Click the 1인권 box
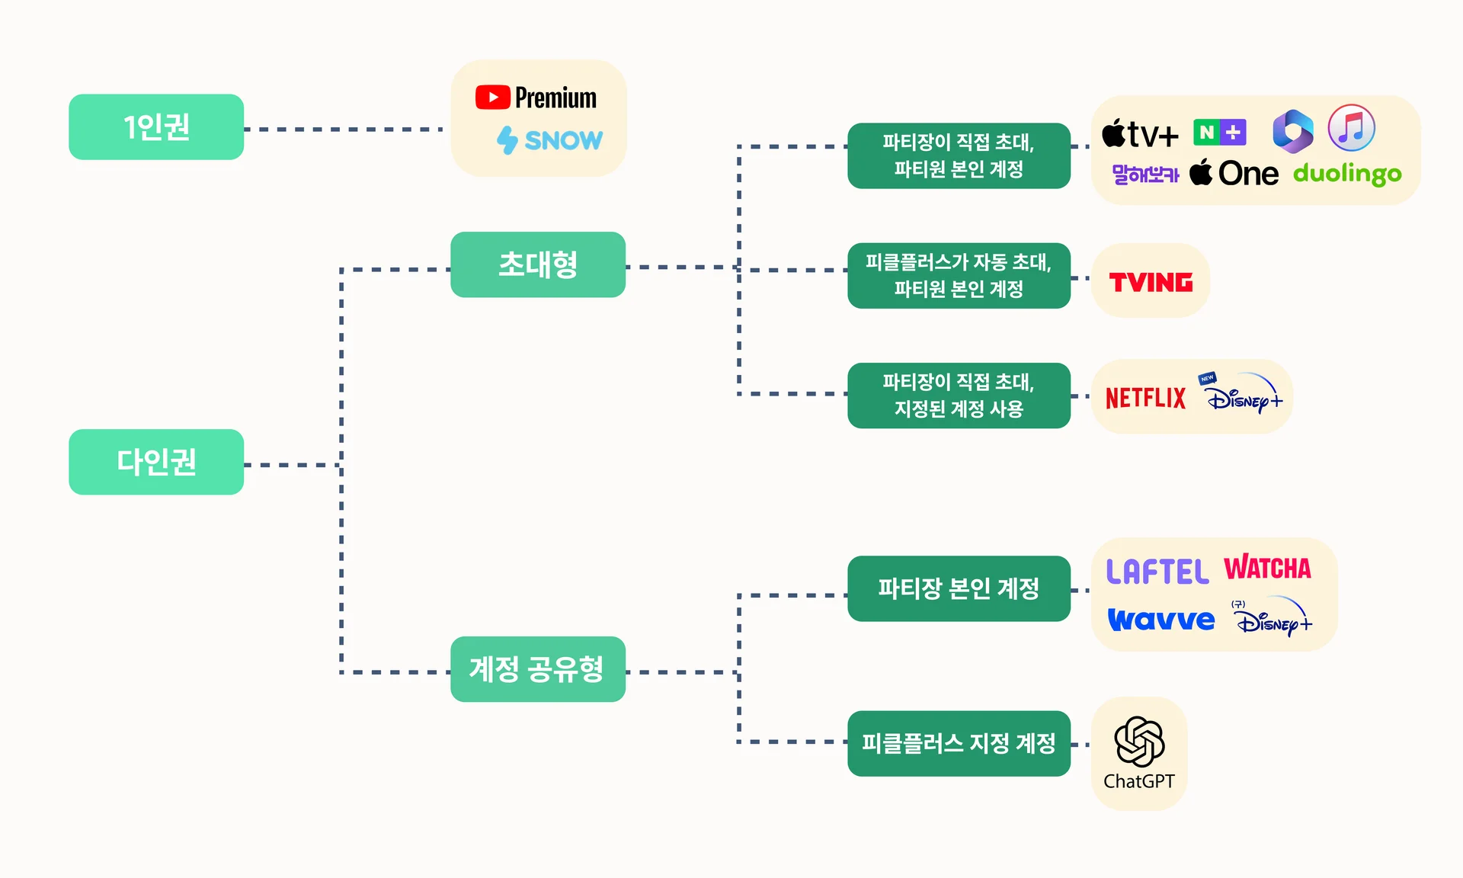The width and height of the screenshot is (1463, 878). [x=156, y=127]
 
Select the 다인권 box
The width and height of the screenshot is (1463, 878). [x=156, y=462]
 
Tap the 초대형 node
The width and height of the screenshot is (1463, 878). [x=538, y=264]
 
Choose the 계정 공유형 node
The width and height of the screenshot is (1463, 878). [x=538, y=669]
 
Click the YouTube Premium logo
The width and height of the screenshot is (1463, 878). [x=536, y=98]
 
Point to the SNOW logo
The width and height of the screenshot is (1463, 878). [x=549, y=140]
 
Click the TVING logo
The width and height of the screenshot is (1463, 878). [x=1151, y=283]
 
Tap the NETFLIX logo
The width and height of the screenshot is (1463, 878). [x=1145, y=398]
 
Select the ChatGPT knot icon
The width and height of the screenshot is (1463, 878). [x=1139, y=742]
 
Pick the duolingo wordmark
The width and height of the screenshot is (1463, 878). [x=1347, y=174]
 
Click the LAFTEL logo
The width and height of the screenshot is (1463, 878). [x=1157, y=572]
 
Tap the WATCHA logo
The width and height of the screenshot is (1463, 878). [x=1268, y=569]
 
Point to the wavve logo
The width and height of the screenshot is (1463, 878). [x=1161, y=620]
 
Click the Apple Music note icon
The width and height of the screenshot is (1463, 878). [x=1351, y=128]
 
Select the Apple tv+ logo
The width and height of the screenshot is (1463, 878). [x=1140, y=134]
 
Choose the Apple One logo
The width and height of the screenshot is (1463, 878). [x=1234, y=174]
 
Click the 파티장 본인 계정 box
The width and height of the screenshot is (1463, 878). [x=959, y=588]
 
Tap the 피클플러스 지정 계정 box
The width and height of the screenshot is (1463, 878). [x=959, y=743]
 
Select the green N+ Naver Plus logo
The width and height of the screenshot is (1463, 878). [x=1219, y=133]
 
